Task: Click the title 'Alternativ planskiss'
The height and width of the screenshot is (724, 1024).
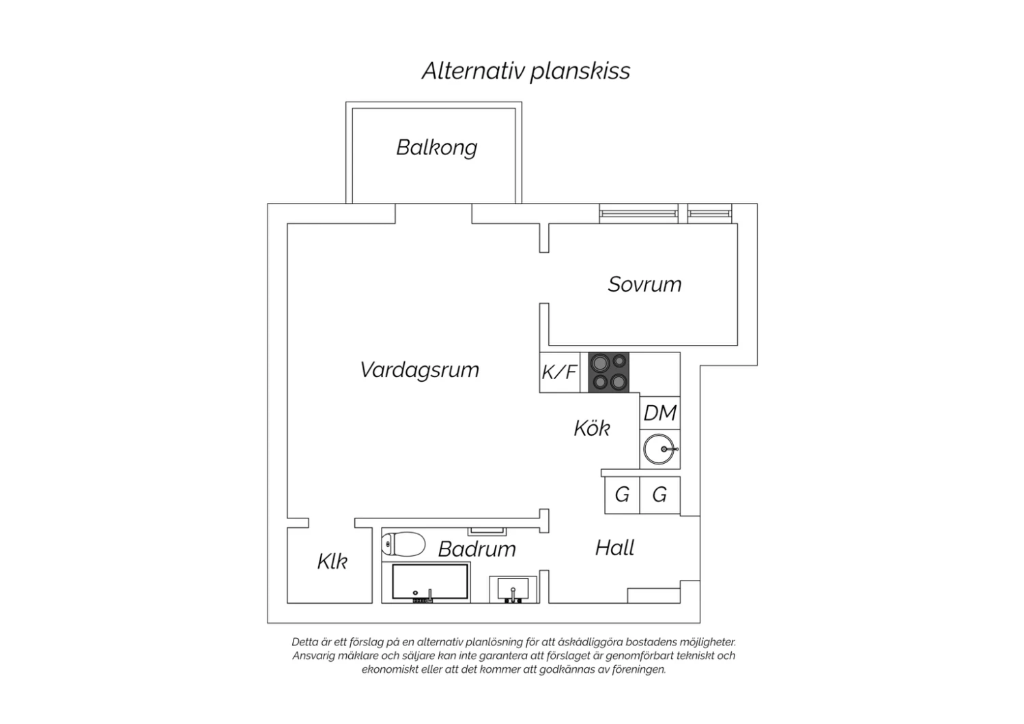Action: coord(526,71)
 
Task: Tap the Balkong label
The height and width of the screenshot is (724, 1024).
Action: coord(437,148)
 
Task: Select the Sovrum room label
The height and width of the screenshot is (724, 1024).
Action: coord(644,284)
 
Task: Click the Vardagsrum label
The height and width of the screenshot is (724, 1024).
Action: coord(419,370)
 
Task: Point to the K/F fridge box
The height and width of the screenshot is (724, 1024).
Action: coord(560,372)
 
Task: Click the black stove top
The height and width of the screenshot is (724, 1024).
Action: coord(608,372)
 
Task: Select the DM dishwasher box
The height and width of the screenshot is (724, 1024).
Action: coord(660,413)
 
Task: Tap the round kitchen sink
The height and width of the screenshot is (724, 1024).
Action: coord(659,449)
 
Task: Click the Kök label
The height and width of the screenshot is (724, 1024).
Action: coord(591,428)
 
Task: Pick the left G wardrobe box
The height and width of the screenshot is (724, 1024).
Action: coord(622,495)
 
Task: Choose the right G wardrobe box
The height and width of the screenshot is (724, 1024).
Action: coord(659,495)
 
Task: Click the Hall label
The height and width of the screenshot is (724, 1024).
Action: coord(614,548)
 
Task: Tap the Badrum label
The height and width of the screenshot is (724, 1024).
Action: coord(477,549)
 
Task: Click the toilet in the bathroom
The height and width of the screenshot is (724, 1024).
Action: coord(403,544)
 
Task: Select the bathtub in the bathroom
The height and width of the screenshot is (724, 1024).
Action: coord(431,583)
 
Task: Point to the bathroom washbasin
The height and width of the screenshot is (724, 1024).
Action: coord(513,589)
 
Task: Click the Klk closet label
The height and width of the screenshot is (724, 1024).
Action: coord(332,561)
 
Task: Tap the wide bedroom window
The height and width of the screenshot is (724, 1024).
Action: coord(638,214)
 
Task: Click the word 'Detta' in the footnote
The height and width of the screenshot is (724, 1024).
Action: coord(304,642)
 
